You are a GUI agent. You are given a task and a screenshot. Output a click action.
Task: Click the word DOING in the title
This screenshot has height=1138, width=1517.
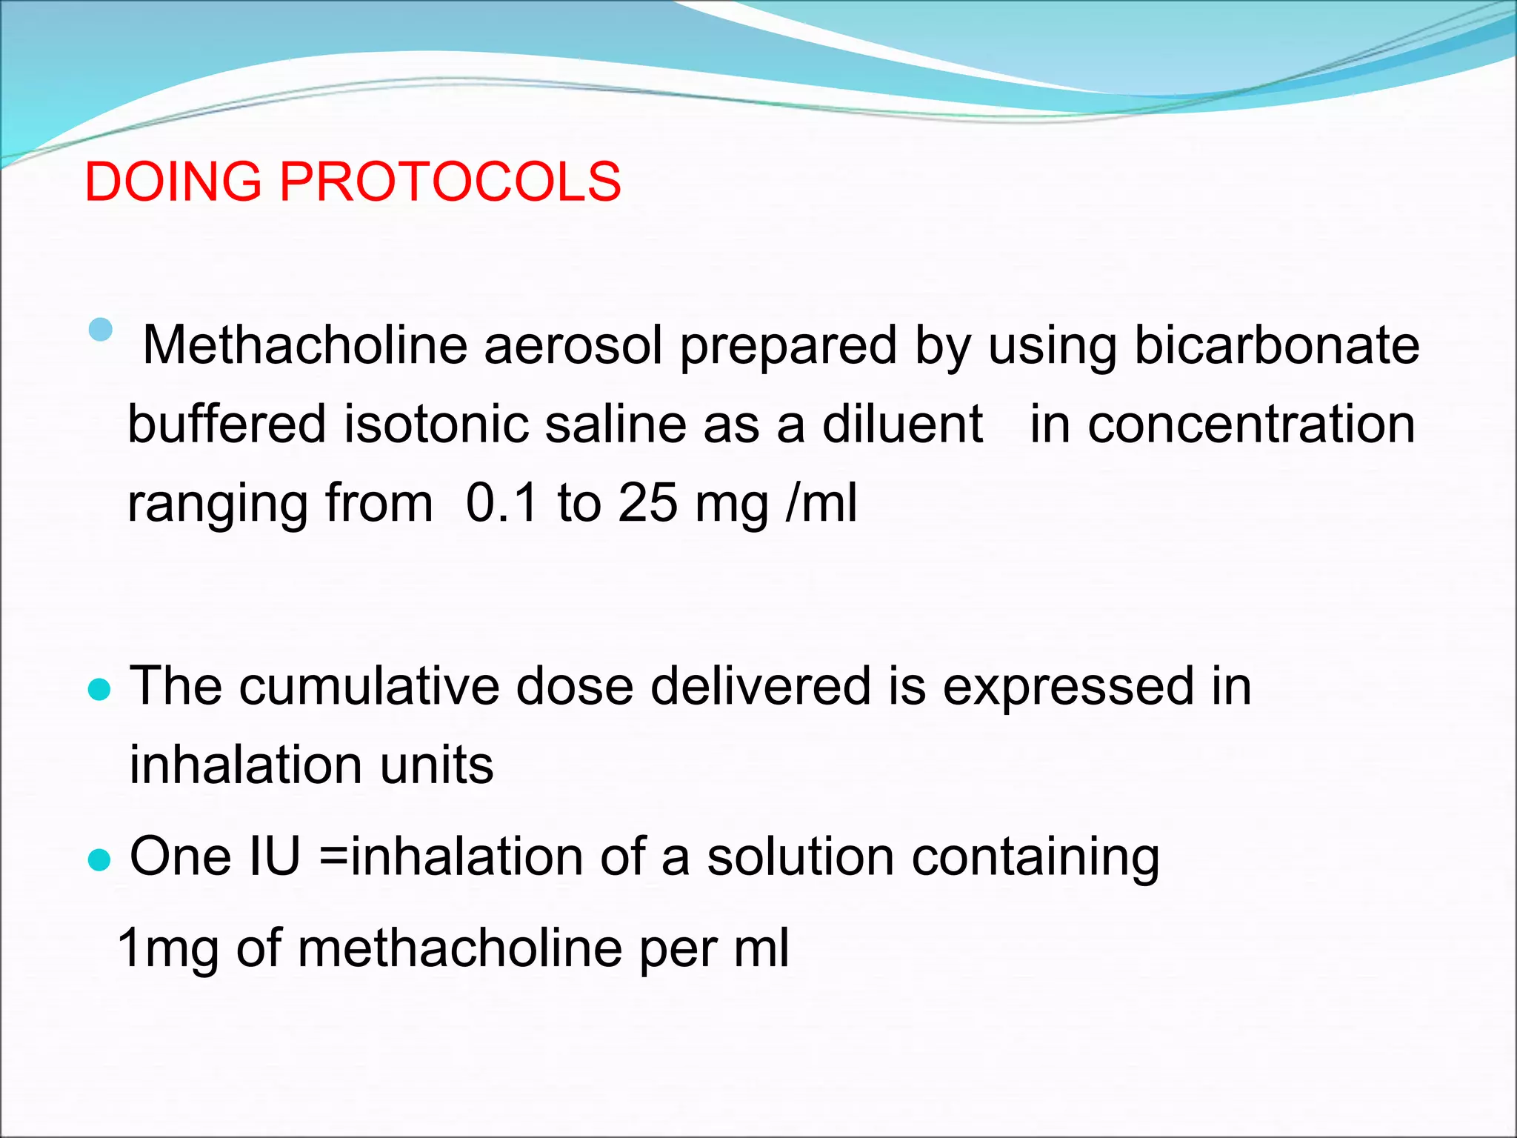[x=173, y=182]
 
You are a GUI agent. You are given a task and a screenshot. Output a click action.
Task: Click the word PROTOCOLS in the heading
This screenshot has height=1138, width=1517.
[x=450, y=182]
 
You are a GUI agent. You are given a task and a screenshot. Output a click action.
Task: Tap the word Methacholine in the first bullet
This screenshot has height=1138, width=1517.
[x=304, y=345]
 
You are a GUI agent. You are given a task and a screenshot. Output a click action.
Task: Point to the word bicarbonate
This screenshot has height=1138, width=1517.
[x=1277, y=345]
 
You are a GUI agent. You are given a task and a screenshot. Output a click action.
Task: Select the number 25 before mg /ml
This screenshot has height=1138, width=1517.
[x=648, y=502]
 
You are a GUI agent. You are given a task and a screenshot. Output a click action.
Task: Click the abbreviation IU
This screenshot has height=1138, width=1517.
[x=275, y=856]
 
